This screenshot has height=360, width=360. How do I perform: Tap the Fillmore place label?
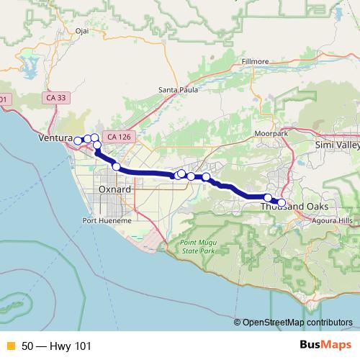click(x=256, y=62)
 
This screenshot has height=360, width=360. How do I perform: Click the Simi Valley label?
click(x=337, y=145)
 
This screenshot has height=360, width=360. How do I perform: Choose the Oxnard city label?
click(x=114, y=189)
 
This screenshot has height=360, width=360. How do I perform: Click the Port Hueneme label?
click(x=107, y=220)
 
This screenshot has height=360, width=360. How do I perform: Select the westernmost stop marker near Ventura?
click(x=78, y=140)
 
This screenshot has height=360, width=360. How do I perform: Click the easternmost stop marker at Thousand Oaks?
click(x=282, y=202)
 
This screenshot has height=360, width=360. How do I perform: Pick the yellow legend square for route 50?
click(x=10, y=346)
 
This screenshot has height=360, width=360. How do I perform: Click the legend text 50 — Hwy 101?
click(x=56, y=346)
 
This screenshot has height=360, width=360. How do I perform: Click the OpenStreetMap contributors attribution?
click(x=297, y=322)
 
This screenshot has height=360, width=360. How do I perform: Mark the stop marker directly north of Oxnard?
click(x=116, y=166)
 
